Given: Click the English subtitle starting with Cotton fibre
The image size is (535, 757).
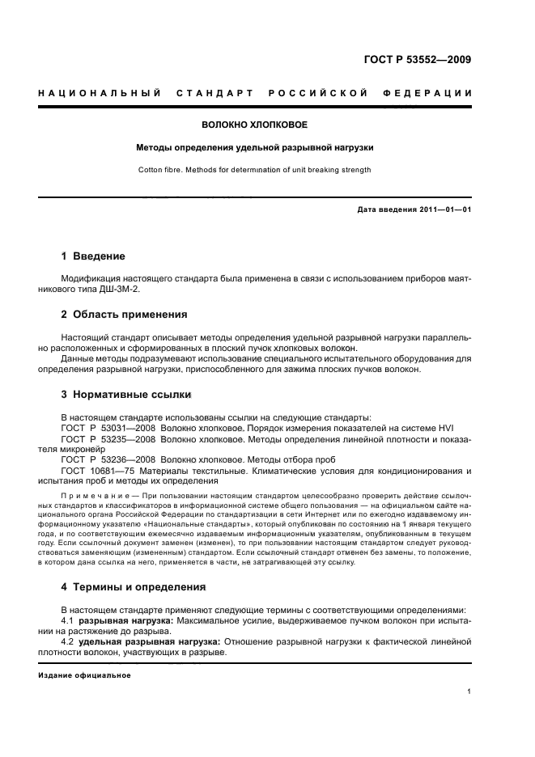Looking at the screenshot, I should point(254,170).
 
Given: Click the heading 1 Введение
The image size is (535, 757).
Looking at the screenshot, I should point(93,256).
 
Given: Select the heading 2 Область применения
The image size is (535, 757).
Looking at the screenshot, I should point(124,314).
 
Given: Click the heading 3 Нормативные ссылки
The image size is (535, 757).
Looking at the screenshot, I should point(126,395).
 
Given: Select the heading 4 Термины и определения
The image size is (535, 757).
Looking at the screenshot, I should point(134,586).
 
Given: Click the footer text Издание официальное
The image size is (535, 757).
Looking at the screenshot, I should point(84,675).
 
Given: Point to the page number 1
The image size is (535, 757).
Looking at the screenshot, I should point(469,691).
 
